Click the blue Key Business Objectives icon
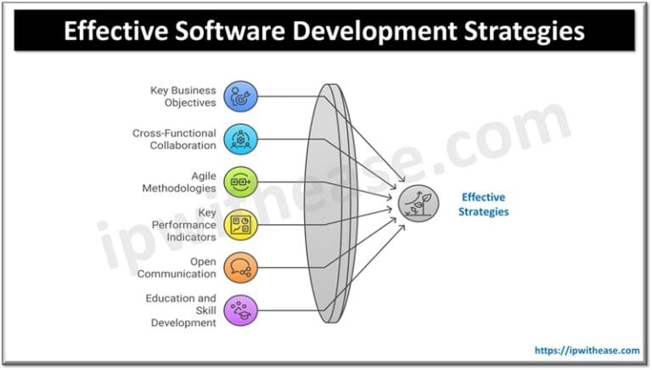239,96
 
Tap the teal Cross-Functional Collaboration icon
239,139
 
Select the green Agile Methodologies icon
239,182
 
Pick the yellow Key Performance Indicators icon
239,225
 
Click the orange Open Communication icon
239,267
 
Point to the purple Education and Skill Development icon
239,311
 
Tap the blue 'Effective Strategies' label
483,205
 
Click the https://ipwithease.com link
587,350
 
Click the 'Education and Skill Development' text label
183,311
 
